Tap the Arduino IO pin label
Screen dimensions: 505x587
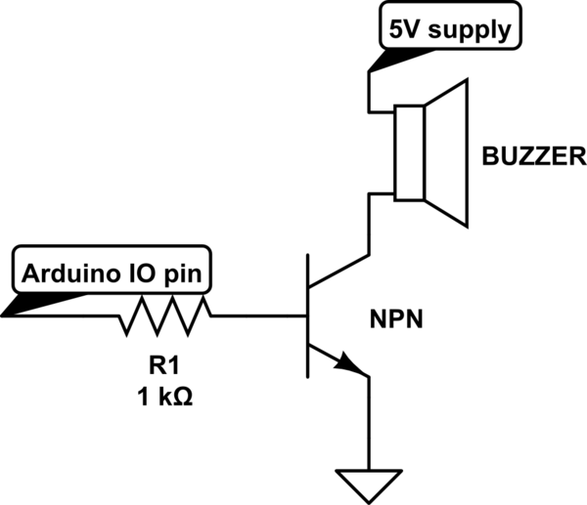[x=110, y=272]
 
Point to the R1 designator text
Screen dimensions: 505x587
[x=163, y=366]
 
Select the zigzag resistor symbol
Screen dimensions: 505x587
[x=164, y=316]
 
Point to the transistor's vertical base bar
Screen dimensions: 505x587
[x=307, y=316]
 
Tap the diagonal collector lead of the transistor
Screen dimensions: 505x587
[x=339, y=271]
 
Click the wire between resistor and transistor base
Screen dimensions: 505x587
[x=257, y=316]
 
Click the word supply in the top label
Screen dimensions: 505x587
[x=475, y=30]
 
